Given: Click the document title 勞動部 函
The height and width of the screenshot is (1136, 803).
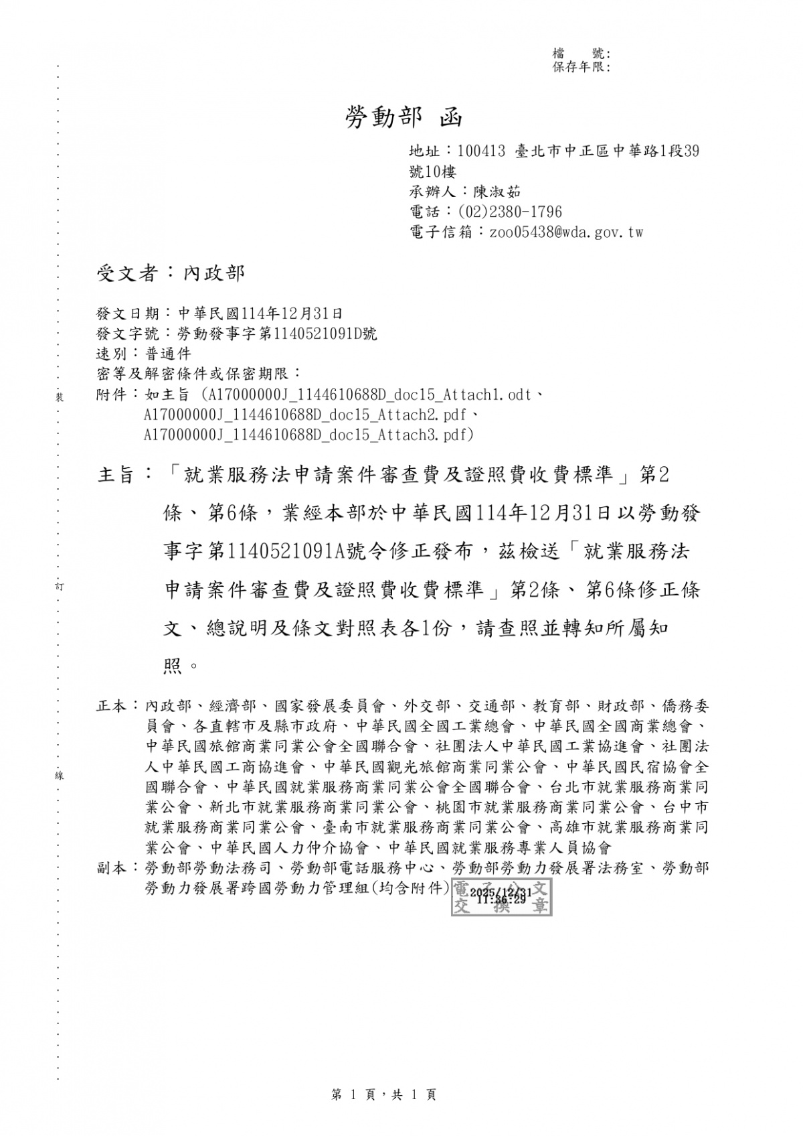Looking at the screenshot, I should coord(403,118).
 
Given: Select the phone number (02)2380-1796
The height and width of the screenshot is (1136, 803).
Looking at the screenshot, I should coord(509,212).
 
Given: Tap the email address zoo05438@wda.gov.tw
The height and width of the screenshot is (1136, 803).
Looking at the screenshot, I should coord(566,232).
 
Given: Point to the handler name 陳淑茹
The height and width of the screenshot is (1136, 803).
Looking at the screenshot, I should coord(497,192).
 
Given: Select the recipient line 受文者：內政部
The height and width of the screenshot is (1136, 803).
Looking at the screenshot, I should coord(171,273).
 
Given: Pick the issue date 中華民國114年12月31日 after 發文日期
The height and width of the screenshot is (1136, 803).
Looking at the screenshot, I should coord(260,313).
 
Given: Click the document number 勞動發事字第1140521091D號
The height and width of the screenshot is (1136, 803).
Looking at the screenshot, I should coord(276,334).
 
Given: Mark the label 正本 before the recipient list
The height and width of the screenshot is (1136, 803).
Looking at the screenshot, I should coord(111,706).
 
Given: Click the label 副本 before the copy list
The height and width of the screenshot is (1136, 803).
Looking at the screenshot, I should coord(111,869).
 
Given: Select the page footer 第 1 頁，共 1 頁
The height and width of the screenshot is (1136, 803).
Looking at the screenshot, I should coord(383,1095).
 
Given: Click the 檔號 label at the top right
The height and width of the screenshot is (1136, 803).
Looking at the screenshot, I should coord(580,54).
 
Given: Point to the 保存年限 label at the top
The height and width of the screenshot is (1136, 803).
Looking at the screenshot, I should coord(579,67).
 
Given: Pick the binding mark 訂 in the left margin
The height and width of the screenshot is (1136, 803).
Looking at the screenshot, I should coord(59,587).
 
